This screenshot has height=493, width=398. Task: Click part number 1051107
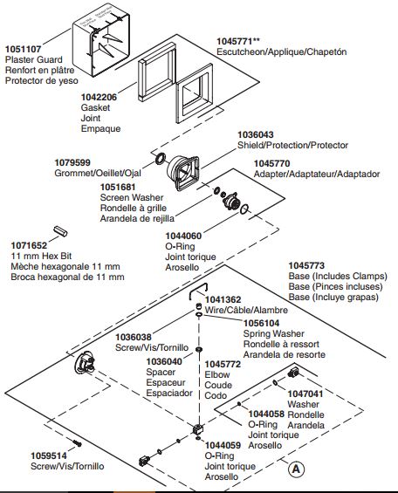point(23,49)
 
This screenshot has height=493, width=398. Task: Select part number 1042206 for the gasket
point(99,97)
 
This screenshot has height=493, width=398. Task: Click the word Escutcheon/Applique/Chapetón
point(282,51)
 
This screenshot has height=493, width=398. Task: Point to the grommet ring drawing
point(160,159)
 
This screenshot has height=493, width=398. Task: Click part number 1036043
point(256,135)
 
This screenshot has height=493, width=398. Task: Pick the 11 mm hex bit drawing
point(60,231)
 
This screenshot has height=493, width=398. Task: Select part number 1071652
point(29,245)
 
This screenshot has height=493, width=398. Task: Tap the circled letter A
point(296,469)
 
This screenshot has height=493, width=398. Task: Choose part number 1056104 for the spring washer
point(261,323)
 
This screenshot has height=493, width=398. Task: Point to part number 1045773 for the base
point(306,266)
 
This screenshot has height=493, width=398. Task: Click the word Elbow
point(217,375)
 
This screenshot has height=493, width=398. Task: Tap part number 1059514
point(49,455)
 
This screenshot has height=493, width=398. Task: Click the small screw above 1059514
point(78,443)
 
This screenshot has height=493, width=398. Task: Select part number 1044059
point(223,446)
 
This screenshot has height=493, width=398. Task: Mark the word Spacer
point(161,373)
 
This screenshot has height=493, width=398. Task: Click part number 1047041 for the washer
point(305,394)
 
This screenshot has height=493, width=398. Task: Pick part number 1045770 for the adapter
point(272,164)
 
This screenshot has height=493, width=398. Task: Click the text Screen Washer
point(132,198)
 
